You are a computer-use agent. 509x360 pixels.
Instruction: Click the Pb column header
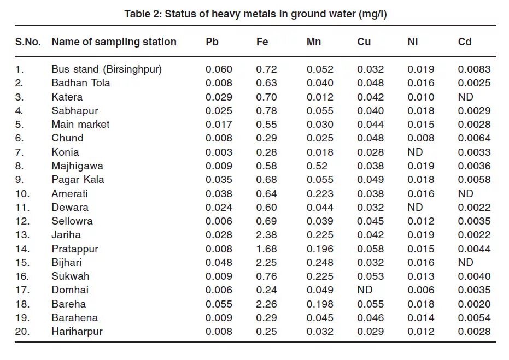tap(212, 42)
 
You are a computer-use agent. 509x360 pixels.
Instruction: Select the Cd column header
tap(465, 42)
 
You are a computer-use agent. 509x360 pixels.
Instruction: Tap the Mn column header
tap(314, 42)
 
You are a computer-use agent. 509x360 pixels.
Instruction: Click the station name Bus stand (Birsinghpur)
tap(107, 69)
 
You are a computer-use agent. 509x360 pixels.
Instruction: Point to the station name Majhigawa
tap(77, 166)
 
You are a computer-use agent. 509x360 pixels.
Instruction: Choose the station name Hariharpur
tap(77, 331)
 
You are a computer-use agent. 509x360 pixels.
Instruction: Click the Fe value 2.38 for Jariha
tap(266, 235)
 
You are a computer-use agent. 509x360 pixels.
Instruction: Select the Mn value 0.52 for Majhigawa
tap(317, 166)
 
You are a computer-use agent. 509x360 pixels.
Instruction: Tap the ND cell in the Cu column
tap(365, 290)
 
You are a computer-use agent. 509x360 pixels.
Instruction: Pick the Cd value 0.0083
tap(474, 69)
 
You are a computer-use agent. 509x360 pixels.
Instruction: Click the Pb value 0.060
tap(219, 69)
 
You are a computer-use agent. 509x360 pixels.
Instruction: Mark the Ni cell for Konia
tap(415, 152)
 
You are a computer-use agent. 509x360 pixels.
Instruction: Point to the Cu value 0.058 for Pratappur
tap(371, 249)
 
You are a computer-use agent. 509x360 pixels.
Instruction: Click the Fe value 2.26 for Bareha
tap(266, 304)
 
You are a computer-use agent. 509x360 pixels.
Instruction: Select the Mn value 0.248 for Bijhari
tap(320, 262)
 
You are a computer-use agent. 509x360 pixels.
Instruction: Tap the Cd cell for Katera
tap(465, 97)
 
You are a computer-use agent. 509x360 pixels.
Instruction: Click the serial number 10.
tap(22, 193)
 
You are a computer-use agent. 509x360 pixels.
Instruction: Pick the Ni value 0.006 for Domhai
tap(421, 290)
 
